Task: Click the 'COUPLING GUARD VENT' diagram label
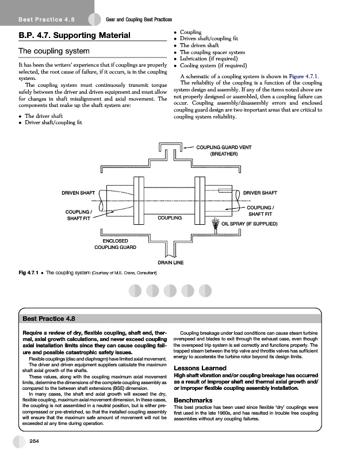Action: point(224,148)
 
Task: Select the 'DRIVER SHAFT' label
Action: point(261,192)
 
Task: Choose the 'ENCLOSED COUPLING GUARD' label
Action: point(115,244)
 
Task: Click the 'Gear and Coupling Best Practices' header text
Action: point(140,20)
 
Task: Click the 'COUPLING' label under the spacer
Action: point(170,218)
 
